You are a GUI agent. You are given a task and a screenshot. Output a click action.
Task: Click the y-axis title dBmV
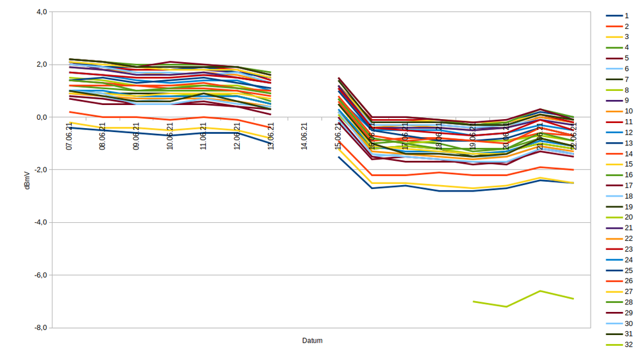27,179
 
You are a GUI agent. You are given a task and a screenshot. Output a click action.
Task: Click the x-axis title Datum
312,341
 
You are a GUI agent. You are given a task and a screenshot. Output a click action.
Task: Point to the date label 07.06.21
69,136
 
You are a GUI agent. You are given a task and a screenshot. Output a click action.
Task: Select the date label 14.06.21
304,136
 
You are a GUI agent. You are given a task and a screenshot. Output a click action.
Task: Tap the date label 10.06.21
170,136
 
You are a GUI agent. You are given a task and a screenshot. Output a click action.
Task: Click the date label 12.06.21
237,136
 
